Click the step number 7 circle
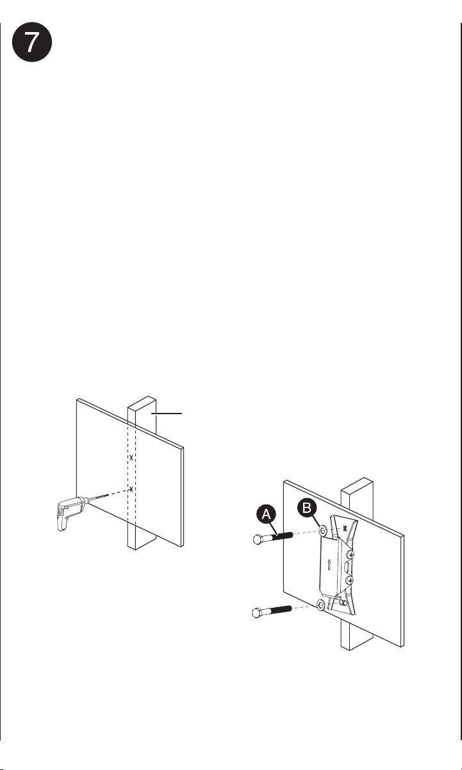(32, 42)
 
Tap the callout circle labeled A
(266, 514)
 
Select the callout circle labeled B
(307, 508)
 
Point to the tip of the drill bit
(108, 495)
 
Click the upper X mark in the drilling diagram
(131, 458)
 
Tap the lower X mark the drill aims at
(131, 489)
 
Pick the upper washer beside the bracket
(323, 531)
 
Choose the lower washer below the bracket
(321, 605)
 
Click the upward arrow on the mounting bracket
(329, 565)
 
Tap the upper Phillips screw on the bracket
(350, 554)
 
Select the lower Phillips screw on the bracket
(349, 581)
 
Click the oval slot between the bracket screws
(347, 567)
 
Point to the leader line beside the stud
(167, 413)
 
